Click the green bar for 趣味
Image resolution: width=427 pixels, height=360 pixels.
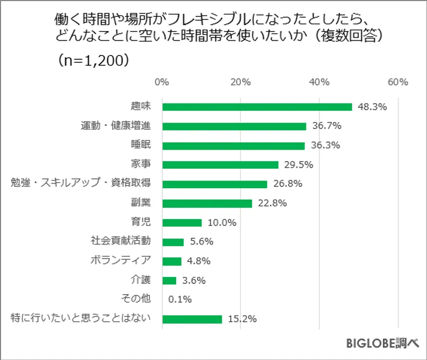[257, 107]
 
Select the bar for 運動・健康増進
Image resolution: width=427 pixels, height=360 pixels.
[234, 126]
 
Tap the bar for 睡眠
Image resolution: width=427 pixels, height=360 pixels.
[233, 145]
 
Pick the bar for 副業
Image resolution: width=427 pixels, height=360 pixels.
[207, 203]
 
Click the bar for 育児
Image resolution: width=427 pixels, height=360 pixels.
[181, 223]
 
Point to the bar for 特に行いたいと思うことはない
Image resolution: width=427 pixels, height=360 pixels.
[192, 319]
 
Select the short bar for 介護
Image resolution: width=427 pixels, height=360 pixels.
[169, 281]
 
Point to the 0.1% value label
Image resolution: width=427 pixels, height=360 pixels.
[179, 300]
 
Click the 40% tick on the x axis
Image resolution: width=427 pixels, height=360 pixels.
[319, 82]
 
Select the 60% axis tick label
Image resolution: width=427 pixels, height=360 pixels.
[398, 82]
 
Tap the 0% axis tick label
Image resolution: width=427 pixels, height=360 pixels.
[162, 82]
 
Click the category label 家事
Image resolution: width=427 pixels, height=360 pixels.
[140, 164]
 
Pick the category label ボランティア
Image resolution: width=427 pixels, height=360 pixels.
[120, 260]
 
